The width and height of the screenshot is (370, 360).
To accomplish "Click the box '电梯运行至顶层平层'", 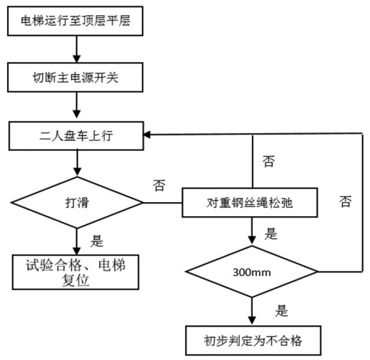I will coord(76,22).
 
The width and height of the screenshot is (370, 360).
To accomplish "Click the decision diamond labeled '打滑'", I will coord(77,203).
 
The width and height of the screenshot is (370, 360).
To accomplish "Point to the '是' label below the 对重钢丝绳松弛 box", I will coord(270,235).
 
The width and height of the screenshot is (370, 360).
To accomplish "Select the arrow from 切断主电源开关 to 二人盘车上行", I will coord(77,106).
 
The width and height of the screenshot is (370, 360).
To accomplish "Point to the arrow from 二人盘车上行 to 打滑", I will coord(77,163).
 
